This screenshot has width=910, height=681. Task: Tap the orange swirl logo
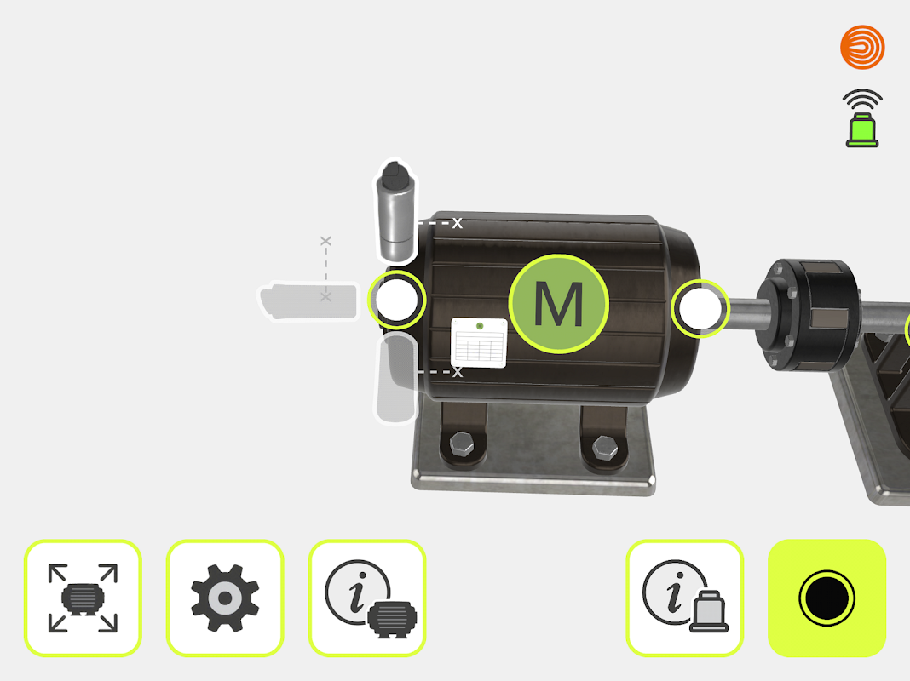click(x=862, y=47)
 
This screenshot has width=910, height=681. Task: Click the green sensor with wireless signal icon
click(x=862, y=118)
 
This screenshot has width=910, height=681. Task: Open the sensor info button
click(x=685, y=598)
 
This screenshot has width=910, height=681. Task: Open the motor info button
click(x=367, y=598)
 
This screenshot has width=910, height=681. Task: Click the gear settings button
click(x=225, y=598)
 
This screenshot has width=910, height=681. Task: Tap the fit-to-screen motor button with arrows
click(x=83, y=598)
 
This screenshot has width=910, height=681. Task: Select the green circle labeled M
click(x=559, y=304)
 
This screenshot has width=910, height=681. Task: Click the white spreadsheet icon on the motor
click(x=479, y=342)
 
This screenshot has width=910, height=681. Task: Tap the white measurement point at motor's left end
click(x=397, y=300)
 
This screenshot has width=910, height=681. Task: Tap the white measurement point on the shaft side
click(x=700, y=309)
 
